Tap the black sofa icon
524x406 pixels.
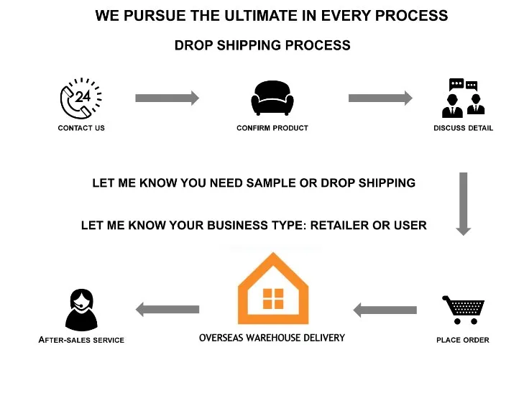click(x=272, y=98)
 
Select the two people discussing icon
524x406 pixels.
click(x=463, y=98)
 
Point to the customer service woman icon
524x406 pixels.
click(x=81, y=310)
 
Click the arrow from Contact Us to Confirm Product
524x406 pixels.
click(x=167, y=98)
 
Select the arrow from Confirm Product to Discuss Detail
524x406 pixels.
click(x=380, y=98)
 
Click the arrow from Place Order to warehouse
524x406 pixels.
click(x=385, y=310)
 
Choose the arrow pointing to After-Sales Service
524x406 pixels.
click(x=167, y=310)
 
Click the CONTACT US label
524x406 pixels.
click(x=81, y=128)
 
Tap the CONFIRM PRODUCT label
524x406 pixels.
click(x=272, y=128)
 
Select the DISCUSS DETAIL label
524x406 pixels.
click(x=464, y=128)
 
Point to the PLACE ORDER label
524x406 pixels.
click(x=463, y=340)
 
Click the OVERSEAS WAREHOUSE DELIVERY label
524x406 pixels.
click(x=272, y=337)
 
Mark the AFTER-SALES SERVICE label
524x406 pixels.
click(x=81, y=340)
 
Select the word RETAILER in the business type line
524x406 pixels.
click(x=337, y=225)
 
